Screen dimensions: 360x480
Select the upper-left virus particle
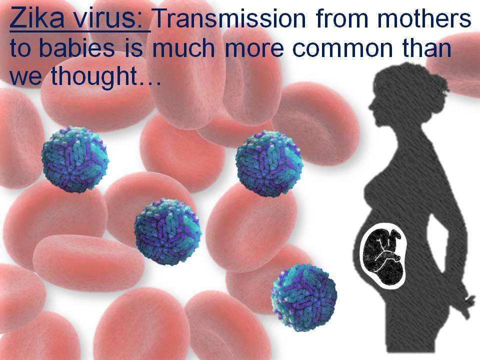(75, 159)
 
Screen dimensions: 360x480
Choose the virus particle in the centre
(167, 231)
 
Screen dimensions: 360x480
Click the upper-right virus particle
(268, 163)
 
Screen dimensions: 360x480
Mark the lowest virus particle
(303, 297)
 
